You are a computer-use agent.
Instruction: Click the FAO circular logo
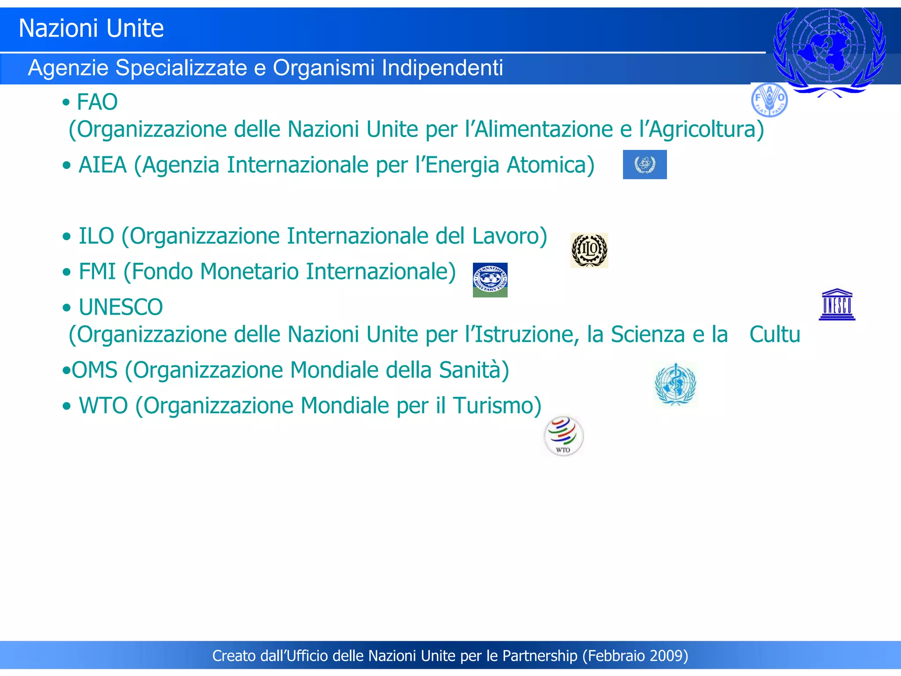point(769,100)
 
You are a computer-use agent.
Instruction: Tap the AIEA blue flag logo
point(645,165)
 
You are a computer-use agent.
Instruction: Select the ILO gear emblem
point(589,250)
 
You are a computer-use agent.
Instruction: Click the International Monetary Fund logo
point(490,280)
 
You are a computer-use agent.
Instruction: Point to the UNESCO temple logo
point(837,305)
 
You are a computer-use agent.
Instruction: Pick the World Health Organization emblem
point(675,385)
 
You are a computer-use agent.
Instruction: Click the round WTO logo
point(564,436)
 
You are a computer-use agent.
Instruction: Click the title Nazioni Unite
point(91,29)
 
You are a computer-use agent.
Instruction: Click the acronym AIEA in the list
point(103,165)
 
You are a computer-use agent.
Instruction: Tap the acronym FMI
point(97,272)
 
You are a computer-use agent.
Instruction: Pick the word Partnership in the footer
point(540,656)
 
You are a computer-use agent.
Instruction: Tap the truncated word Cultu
point(775,334)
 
